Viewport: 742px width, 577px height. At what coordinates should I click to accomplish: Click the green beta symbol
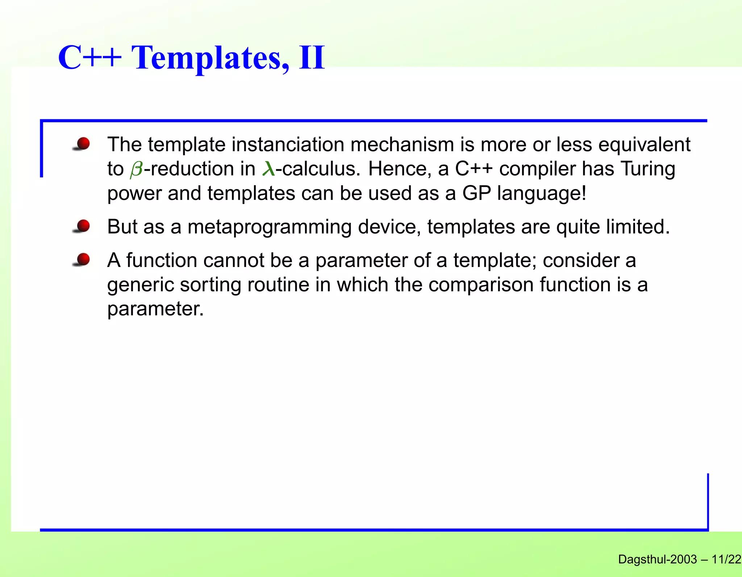(x=137, y=169)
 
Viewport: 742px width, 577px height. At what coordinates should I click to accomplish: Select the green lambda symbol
(x=268, y=169)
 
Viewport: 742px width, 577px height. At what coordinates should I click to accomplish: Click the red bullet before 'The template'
(x=83, y=144)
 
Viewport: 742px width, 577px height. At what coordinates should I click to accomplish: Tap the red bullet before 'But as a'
(x=83, y=226)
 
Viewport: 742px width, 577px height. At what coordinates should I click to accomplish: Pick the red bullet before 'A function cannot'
(x=83, y=260)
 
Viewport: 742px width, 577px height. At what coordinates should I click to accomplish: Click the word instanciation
(x=288, y=145)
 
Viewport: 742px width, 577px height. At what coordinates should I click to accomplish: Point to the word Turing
(x=647, y=169)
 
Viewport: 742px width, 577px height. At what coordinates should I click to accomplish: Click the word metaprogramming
(x=269, y=227)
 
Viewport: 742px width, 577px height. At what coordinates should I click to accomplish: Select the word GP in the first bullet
(x=476, y=193)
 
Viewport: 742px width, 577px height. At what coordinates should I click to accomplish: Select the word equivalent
(x=644, y=145)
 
